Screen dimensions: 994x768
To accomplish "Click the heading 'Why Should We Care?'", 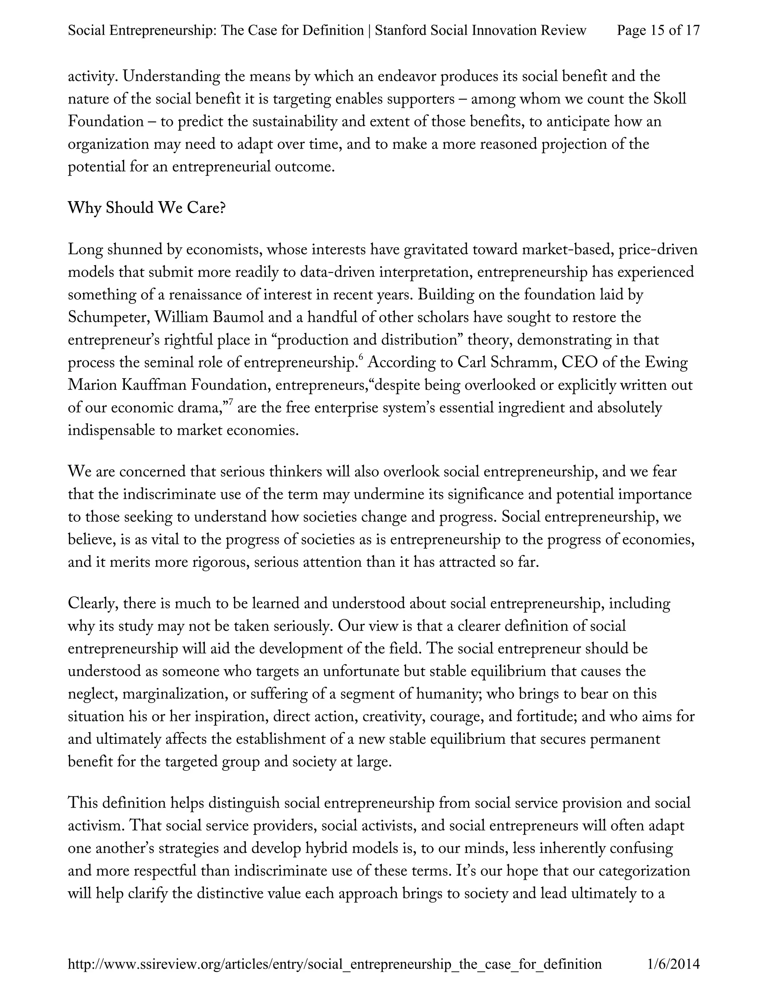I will (x=147, y=209).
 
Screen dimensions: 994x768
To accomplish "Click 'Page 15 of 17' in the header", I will (x=658, y=30).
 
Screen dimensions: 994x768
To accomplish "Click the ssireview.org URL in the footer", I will (x=334, y=964).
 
